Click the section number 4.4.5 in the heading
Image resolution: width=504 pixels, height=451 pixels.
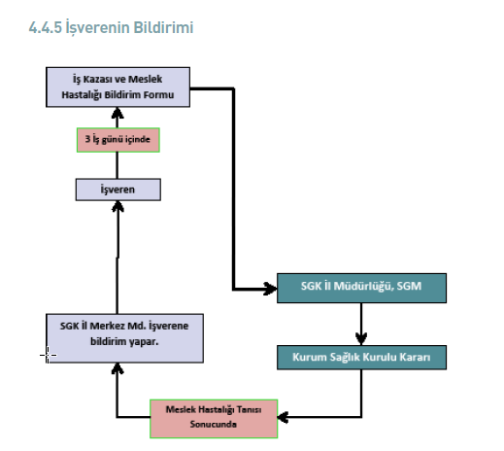45,27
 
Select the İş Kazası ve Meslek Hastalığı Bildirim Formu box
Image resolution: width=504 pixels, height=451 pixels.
118,87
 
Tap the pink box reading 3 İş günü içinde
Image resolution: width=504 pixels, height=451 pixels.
118,140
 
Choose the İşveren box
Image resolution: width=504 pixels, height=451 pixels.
118,190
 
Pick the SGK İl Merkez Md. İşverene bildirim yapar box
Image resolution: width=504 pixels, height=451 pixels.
124,338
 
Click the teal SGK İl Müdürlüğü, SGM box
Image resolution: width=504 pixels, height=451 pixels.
361,288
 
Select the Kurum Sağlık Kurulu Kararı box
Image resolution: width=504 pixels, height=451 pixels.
361,357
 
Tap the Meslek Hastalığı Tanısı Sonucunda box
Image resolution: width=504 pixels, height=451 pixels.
214,419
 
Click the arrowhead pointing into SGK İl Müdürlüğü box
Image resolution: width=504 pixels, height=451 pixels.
271,289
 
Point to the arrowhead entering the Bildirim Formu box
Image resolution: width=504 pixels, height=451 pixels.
118,113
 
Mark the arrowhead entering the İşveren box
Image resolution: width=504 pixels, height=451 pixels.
118,206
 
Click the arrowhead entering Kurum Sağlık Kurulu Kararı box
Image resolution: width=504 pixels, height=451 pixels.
361,339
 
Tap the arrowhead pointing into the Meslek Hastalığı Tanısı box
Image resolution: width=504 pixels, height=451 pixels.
284,417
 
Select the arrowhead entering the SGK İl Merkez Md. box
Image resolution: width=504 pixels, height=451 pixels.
118,368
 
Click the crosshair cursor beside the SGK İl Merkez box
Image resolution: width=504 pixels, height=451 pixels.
48,355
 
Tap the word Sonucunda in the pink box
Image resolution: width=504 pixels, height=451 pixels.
214,424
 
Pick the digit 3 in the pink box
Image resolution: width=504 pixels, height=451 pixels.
87,139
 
